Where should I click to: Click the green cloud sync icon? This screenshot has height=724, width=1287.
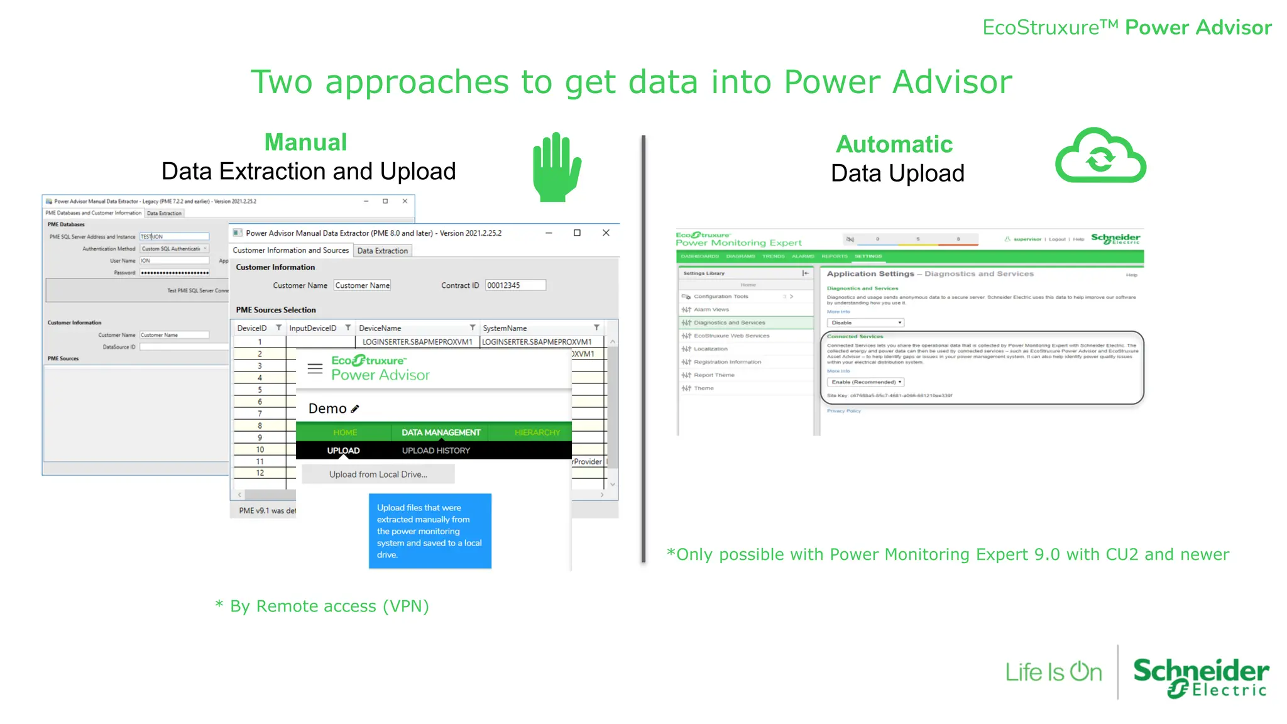(x=1100, y=157)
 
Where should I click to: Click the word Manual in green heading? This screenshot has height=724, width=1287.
(x=305, y=143)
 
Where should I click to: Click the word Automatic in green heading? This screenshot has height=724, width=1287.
(x=894, y=145)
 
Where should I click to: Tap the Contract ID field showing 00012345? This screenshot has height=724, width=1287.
(x=515, y=285)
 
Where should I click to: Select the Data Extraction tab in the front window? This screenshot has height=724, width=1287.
(x=382, y=251)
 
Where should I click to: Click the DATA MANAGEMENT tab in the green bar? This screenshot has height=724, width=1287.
(x=441, y=432)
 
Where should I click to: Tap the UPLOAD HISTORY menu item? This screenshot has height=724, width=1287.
(x=435, y=451)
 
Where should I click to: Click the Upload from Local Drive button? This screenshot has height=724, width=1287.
(x=378, y=474)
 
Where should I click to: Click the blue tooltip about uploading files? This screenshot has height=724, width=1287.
(x=430, y=531)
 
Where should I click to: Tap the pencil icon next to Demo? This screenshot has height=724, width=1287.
(x=355, y=409)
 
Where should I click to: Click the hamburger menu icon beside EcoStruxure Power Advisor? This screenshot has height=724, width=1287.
(x=315, y=368)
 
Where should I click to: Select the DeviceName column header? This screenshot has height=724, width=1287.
(x=380, y=328)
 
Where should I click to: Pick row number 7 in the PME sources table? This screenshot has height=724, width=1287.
(x=260, y=414)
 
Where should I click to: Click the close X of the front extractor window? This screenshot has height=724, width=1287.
(x=606, y=233)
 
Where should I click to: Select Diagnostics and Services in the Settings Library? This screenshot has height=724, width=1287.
(x=729, y=323)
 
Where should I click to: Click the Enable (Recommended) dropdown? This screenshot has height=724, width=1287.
(x=865, y=382)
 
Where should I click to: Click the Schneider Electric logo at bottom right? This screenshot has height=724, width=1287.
(x=1200, y=677)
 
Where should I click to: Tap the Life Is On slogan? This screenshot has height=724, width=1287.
(x=1053, y=672)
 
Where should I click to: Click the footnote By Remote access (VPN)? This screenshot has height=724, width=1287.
(x=322, y=606)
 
